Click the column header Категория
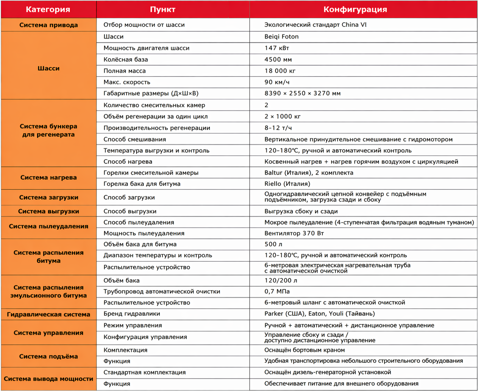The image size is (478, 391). (x=48, y=9)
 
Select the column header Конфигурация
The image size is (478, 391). (x=355, y=9)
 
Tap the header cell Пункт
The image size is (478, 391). (x=162, y=9)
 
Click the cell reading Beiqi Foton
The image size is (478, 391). (x=281, y=37)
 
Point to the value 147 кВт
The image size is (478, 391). (x=277, y=48)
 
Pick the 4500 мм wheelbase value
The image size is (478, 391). (x=278, y=59)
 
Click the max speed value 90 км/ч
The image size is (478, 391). (x=277, y=82)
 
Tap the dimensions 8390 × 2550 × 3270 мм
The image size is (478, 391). (x=302, y=93)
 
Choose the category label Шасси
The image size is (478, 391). (x=48, y=68)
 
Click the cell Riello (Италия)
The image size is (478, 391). (x=287, y=184)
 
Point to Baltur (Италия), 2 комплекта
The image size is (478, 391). (x=309, y=173)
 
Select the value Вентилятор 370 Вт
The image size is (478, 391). (x=294, y=233)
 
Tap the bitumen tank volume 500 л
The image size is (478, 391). (x=273, y=244)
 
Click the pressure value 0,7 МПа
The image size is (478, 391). (x=277, y=291)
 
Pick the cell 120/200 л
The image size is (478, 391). (x=280, y=280)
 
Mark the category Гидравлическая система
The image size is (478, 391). (x=48, y=314)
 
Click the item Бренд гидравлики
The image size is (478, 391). (x=132, y=314)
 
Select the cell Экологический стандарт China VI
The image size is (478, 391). (x=315, y=25)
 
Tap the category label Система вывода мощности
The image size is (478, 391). (x=48, y=379)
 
